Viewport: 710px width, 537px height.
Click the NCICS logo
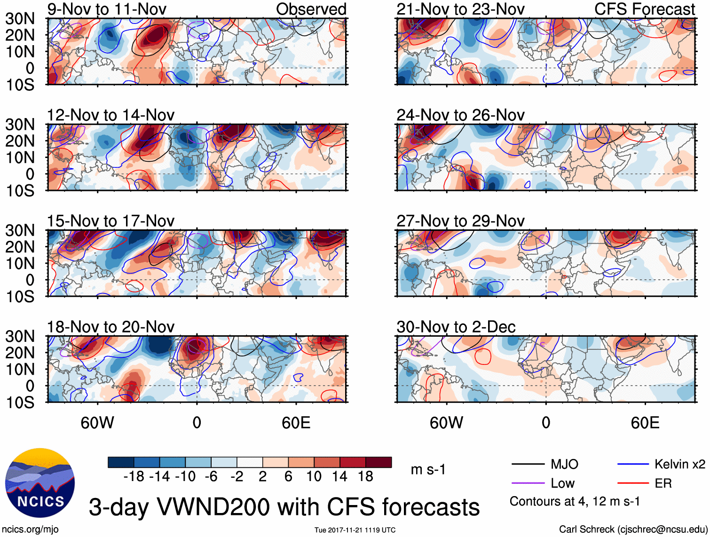point(40,483)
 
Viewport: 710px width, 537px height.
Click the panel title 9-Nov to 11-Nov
point(107,9)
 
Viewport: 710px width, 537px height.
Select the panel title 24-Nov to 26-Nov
point(460,115)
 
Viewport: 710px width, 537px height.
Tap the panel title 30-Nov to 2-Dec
point(456,327)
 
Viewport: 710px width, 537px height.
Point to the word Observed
point(311,9)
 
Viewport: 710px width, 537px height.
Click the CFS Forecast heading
point(644,9)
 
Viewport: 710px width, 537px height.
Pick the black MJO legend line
point(528,465)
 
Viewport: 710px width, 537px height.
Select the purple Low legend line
point(528,483)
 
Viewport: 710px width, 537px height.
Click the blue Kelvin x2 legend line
point(633,465)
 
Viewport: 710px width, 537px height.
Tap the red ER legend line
point(633,483)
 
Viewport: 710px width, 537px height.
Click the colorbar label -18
point(134,477)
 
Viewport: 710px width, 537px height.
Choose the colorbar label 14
point(339,477)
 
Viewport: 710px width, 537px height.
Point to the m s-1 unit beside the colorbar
point(428,470)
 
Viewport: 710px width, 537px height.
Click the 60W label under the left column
point(97,423)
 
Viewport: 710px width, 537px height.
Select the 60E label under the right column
point(645,423)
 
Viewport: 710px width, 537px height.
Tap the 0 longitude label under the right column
point(545,423)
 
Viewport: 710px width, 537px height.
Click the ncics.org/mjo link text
point(30,529)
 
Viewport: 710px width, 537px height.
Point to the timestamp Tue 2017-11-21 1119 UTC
point(355,530)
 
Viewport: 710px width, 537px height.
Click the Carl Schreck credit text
point(633,529)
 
